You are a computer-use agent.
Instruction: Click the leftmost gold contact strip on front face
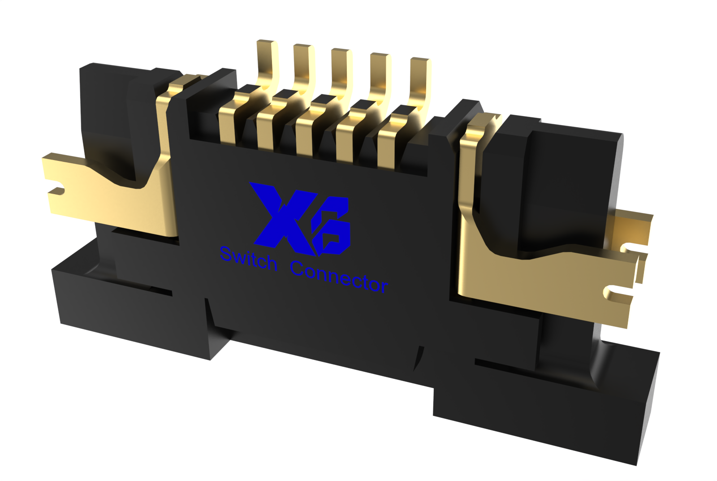[228, 123]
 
